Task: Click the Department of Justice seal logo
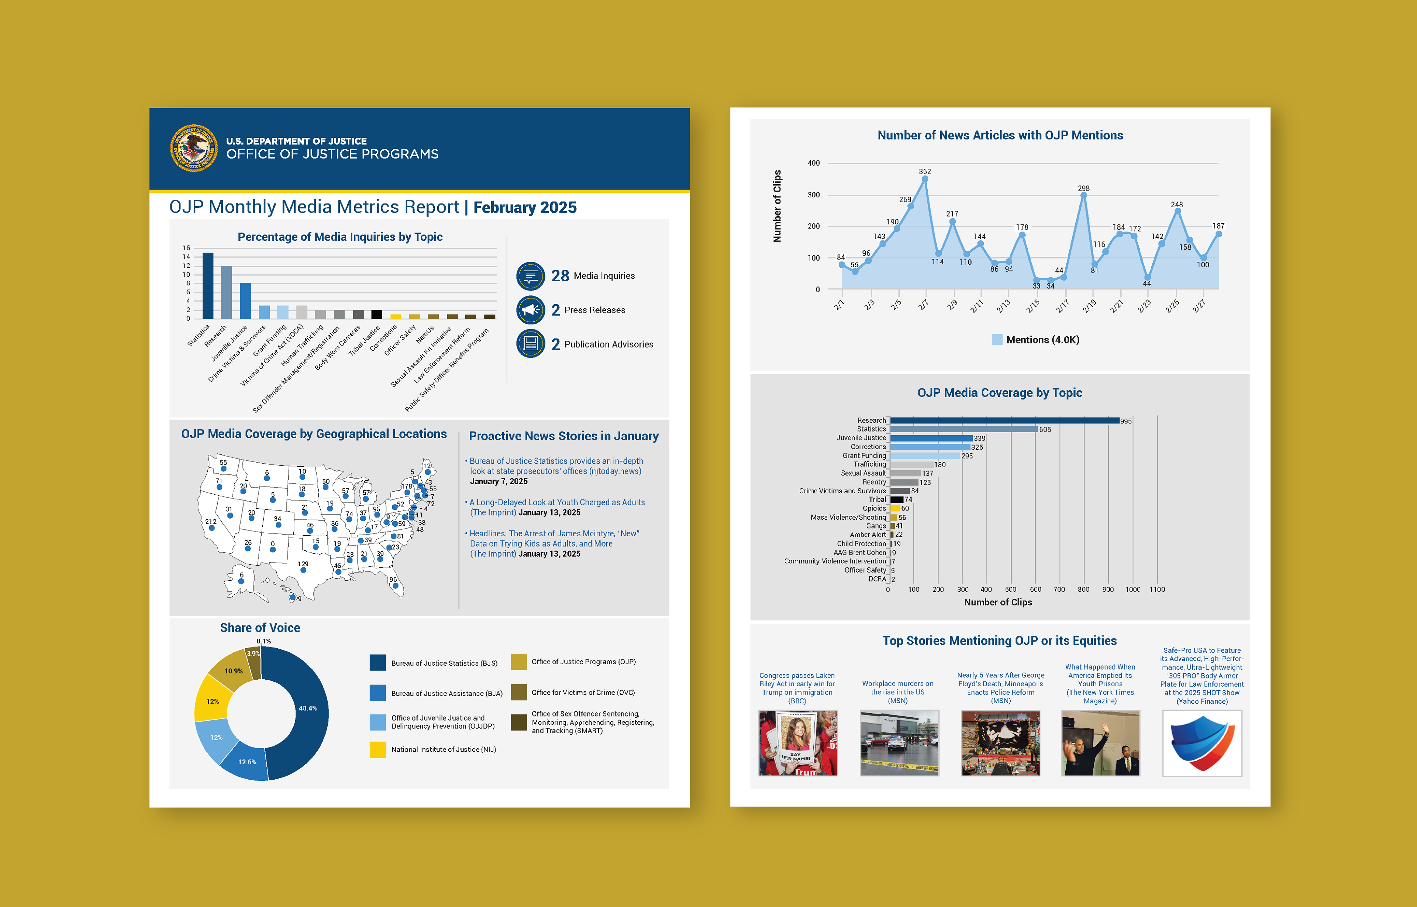pyautogui.click(x=194, y=148)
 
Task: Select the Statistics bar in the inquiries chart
pyautogui.click(x=208, y=286)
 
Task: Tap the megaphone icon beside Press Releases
pyautogui.click(x=530, y=310)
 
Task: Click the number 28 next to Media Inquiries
pyautogui.click(x=560, y=276)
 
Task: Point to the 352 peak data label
pyautogui.click(x=925, y=171)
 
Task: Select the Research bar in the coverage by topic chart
pyautogui.click(x=1004, y=420)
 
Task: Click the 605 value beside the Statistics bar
pyautogui.click(x=1045, y=429)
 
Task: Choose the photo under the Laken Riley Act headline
pyautogui.click(x=798, y=743)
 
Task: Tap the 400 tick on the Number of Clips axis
pyautogui.click(x=814, y=163)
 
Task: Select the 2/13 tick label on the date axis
pyautogui.click(x=1003, y=306)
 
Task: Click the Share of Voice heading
pyautogui.click(x=260, y=628)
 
